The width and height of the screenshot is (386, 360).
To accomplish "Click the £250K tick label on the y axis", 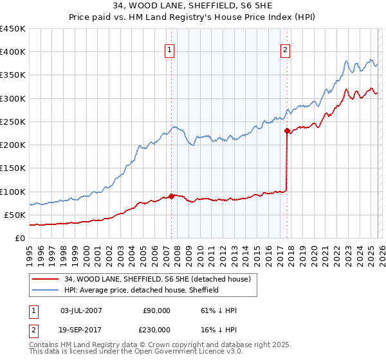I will click(13, 122).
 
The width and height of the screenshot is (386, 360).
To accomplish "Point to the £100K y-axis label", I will click(13, 192).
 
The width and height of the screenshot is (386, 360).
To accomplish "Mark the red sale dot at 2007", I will click(171, 196).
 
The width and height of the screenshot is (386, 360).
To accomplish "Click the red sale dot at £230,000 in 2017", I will click(287, 130).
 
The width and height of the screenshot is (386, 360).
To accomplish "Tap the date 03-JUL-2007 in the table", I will click(80, 310).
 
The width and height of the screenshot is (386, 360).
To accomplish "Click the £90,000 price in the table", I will click(156, 310).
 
